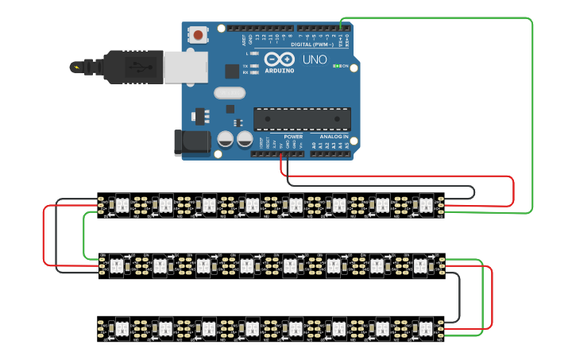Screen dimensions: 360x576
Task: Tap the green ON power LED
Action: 337,66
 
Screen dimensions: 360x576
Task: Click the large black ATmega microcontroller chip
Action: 302,118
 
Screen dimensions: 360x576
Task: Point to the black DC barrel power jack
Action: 191,142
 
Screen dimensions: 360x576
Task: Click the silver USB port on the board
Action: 186,67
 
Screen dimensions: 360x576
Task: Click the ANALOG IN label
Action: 329,137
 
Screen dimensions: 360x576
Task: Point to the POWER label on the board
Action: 292,137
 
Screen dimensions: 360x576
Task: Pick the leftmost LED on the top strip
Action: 122,205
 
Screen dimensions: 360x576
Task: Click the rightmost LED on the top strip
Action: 424,205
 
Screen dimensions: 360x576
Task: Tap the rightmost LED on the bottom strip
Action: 424,327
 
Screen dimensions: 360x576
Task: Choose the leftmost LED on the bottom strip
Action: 122,327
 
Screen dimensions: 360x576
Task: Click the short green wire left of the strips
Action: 84,234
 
